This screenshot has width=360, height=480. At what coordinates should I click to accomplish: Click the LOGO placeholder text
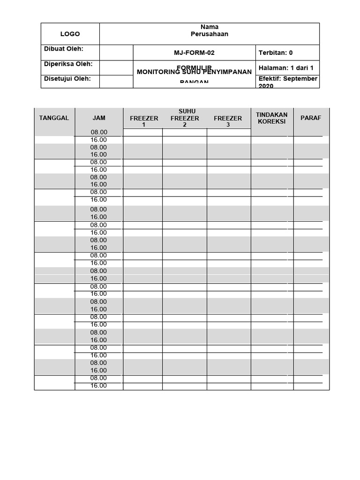(70, 34)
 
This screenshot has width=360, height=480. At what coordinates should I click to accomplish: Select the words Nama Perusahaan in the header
(210, 30)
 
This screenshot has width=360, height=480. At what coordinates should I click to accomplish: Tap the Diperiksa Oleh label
(68, 64)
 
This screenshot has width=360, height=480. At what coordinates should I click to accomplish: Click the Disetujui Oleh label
(67, 79)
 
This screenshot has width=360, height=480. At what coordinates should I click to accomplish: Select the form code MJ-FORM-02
(194, 53)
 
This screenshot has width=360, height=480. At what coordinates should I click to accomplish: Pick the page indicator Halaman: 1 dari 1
(286, 68)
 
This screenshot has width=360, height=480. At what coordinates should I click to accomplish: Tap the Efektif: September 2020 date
(288, 82)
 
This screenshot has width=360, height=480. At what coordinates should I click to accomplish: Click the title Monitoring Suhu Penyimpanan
(194, 72)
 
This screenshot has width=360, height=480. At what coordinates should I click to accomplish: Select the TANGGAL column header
(54, 118)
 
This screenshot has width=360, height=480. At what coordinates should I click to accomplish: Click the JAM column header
(99, 118)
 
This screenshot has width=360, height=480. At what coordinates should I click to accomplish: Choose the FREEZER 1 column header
(144, 121)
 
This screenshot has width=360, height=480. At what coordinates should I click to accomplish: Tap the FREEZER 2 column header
(185, 121)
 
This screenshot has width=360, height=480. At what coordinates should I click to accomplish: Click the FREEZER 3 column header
(228, 121)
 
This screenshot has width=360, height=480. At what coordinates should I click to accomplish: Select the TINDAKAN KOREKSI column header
(272, 118)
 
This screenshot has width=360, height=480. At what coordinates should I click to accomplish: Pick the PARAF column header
(311, 118)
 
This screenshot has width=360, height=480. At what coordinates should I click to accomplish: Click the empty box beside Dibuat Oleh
(116, 52)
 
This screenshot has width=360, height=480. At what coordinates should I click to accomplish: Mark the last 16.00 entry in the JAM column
(98, 386)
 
